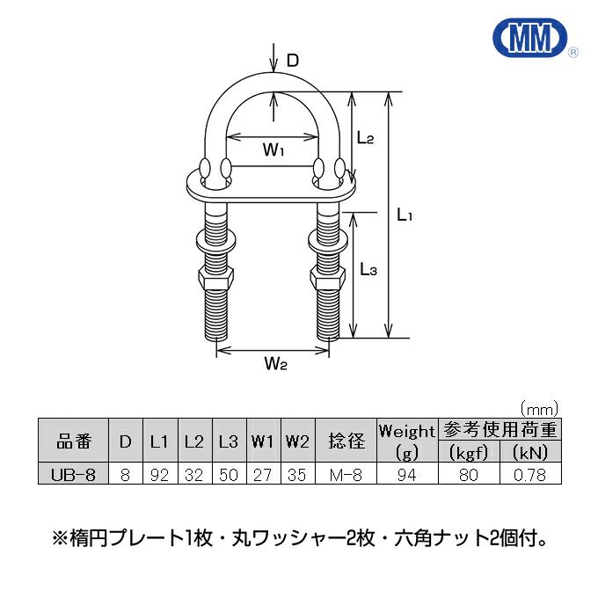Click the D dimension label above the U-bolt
coord(293,60)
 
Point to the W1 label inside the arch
coord(273,150)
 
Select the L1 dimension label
coord(405,214)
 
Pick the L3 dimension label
coord(368,272)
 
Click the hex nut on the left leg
coord(218,278)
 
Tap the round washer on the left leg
coord(218,240)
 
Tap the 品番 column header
coord(74,441)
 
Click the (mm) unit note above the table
coord(540,408)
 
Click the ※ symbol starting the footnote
coord(60,536)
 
